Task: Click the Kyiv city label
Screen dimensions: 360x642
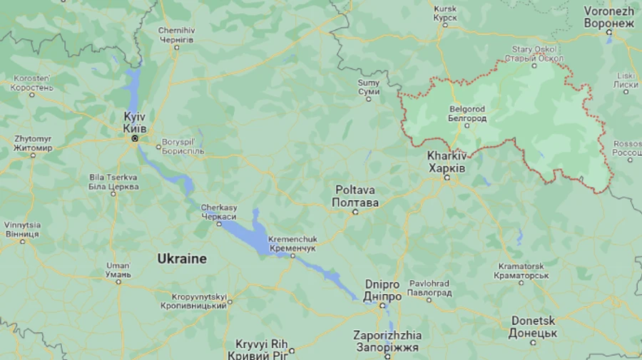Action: click(135, 122)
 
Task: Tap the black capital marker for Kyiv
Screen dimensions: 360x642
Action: click(133, 138)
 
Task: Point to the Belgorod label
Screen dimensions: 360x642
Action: click(467, 113)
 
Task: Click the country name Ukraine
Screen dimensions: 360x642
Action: click(182, 259)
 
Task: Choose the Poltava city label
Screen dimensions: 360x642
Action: click(355, 197)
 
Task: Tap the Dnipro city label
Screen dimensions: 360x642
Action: click(382, 290)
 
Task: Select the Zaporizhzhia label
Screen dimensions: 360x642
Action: click(387, 341)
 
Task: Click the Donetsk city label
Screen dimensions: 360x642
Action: click(533, 327)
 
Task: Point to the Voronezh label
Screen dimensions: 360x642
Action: click(608, 17)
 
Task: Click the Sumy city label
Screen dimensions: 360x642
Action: click(369, 87)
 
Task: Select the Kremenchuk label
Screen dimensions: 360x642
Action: click(292, 243)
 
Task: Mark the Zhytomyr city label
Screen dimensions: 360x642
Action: click(33, 143)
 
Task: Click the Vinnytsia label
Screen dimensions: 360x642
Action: click(22, 229)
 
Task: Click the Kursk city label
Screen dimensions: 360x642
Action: click(445, 13)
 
